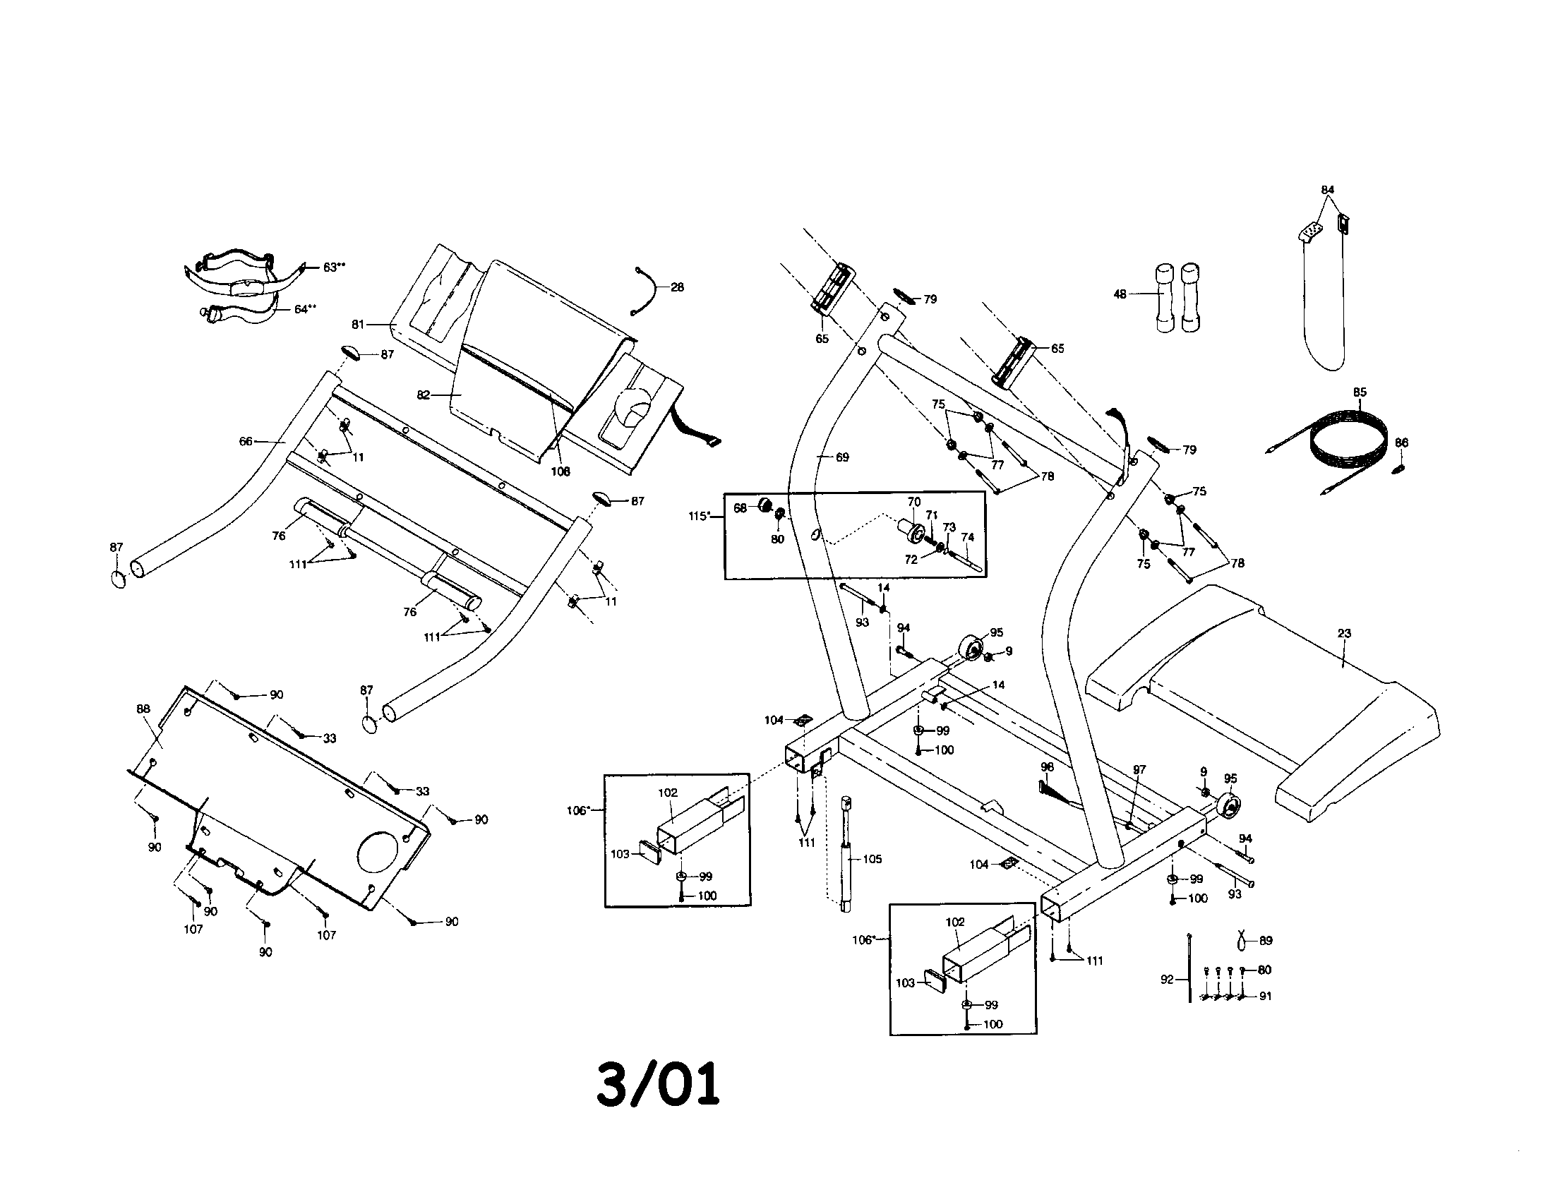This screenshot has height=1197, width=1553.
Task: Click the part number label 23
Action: coord(1344,633)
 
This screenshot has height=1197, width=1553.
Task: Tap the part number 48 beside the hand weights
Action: coord(1120,294)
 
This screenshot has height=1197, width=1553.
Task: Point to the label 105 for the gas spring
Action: coord(872,859)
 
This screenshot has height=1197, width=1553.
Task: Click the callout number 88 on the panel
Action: coord(143,709)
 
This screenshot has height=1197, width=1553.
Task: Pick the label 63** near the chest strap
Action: coord(334,267)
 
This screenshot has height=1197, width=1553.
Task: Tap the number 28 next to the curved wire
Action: coord(677,287)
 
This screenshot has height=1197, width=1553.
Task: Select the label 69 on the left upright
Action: coord(842,457)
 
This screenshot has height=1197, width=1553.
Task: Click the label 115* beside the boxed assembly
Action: coord(699,516)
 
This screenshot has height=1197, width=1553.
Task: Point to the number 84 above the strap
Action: coord(1328,190)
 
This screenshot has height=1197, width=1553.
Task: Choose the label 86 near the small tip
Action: coord(1401,442)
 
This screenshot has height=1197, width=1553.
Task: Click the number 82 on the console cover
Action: coord(424,395)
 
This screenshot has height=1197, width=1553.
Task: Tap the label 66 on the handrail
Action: coord(246,441)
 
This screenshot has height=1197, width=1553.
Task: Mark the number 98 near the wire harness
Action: coord(1047,767)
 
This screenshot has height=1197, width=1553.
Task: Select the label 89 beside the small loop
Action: coord(1266,940)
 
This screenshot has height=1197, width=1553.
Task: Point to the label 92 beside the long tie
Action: coord(1167,980)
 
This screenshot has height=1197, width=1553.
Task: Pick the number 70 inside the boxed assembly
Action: coord(913,502)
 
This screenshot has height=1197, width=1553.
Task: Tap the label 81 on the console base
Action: coord(358,324)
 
